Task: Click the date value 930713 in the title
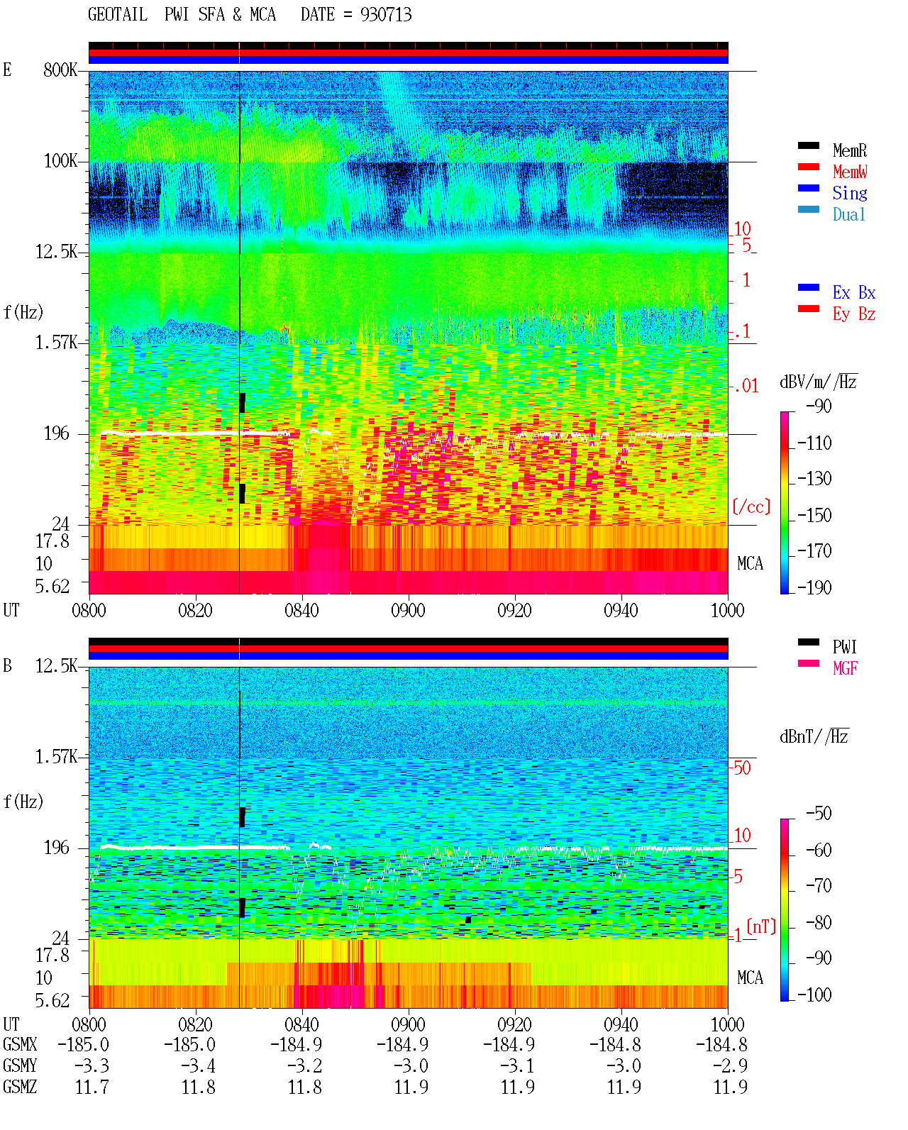point(386,15)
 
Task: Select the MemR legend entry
point(849,150)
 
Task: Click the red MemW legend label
point(850,172)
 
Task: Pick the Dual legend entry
point(849,214)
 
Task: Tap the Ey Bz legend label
point(853,314)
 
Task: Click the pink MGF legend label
point(845,668)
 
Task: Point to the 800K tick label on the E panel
point(60,70)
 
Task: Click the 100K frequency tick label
point(60,161)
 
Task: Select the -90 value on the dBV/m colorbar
point(819,406)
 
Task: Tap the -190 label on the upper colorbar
point(814,587)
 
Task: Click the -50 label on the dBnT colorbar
point(819,814)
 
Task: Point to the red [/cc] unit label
point(751,506)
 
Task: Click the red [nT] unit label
point(761,926)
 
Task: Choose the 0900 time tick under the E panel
point(408,610)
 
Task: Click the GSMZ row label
point(20,1087)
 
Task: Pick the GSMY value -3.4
point(198,1065)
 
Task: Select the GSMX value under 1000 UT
point(721,1044)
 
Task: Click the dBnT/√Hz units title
point(814,736)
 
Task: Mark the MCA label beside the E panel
point(750,563)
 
